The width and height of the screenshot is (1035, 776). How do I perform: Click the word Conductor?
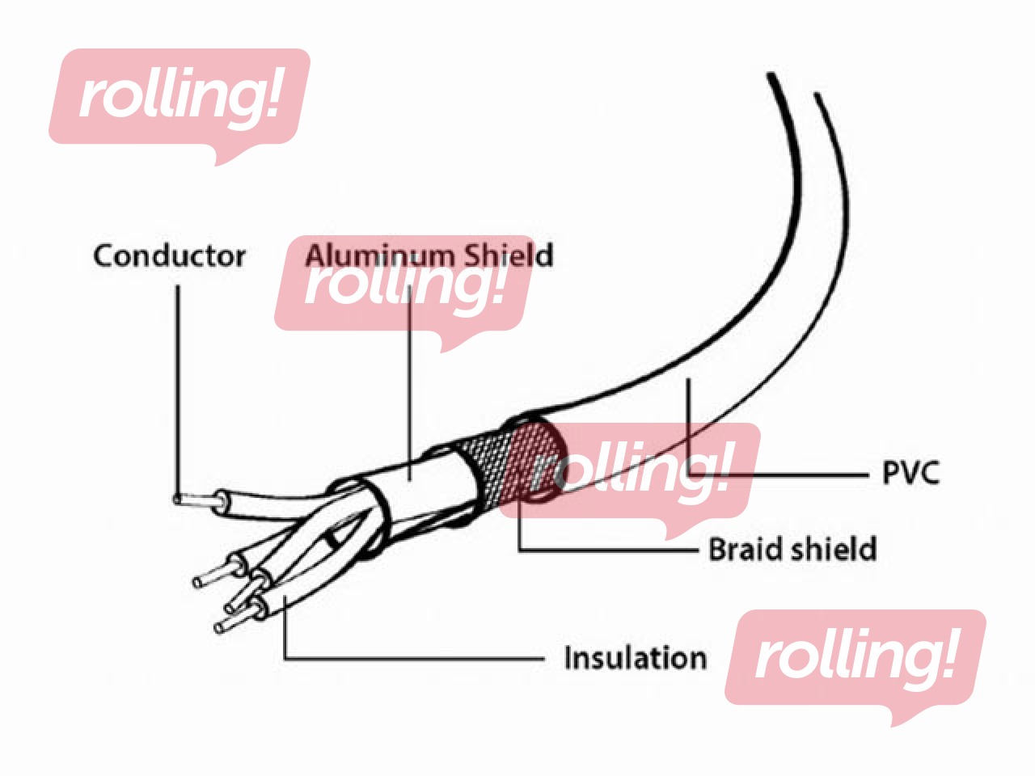coord(169,256)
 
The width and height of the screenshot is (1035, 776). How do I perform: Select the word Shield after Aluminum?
coord(507,255)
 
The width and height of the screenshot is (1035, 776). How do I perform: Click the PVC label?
coord(910,473)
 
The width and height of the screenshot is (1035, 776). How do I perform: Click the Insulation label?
coord(635,657)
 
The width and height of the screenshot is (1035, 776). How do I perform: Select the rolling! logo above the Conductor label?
coord(180,106)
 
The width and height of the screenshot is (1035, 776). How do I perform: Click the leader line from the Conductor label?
coord(178,391)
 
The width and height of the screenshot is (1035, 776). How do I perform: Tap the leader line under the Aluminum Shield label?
coord(409,382)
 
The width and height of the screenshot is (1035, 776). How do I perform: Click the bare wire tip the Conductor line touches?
coord(178,499)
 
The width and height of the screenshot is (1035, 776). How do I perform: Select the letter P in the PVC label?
coord(891,473)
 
